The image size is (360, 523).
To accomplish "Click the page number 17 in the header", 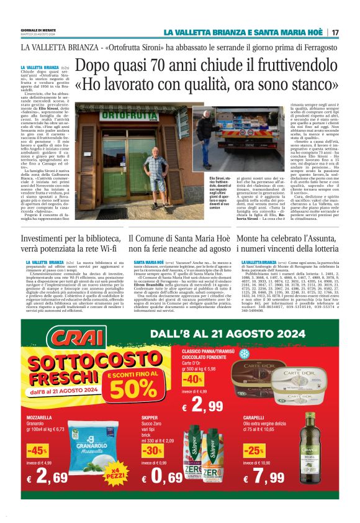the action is [x=335, y=32].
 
